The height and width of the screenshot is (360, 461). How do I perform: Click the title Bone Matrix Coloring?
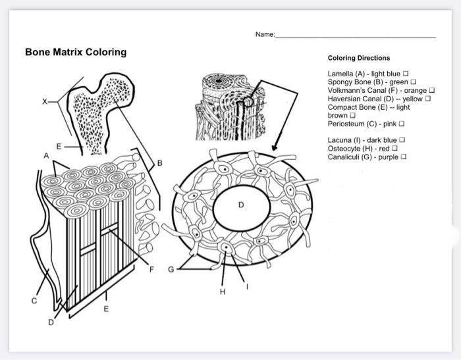[76, 52]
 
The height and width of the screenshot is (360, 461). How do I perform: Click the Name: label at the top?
[265, 34]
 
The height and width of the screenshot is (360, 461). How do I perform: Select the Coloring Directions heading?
[359, 58]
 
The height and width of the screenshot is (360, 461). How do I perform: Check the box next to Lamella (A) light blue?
[406, 73]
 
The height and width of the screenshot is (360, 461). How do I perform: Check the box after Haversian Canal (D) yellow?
[427, 98]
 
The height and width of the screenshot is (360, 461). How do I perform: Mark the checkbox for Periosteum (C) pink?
[401, 123]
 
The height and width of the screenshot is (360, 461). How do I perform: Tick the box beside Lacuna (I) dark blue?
[402, 140]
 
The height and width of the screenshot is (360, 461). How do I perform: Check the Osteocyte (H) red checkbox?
[395, 149]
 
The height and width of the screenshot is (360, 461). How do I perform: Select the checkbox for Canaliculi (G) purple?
[403, 157]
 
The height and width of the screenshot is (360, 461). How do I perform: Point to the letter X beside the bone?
[45, 101]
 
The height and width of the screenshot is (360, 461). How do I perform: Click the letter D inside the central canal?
[241, 205]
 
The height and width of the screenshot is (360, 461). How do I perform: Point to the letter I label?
[248, 285]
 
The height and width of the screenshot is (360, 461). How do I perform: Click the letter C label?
[34, 300]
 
